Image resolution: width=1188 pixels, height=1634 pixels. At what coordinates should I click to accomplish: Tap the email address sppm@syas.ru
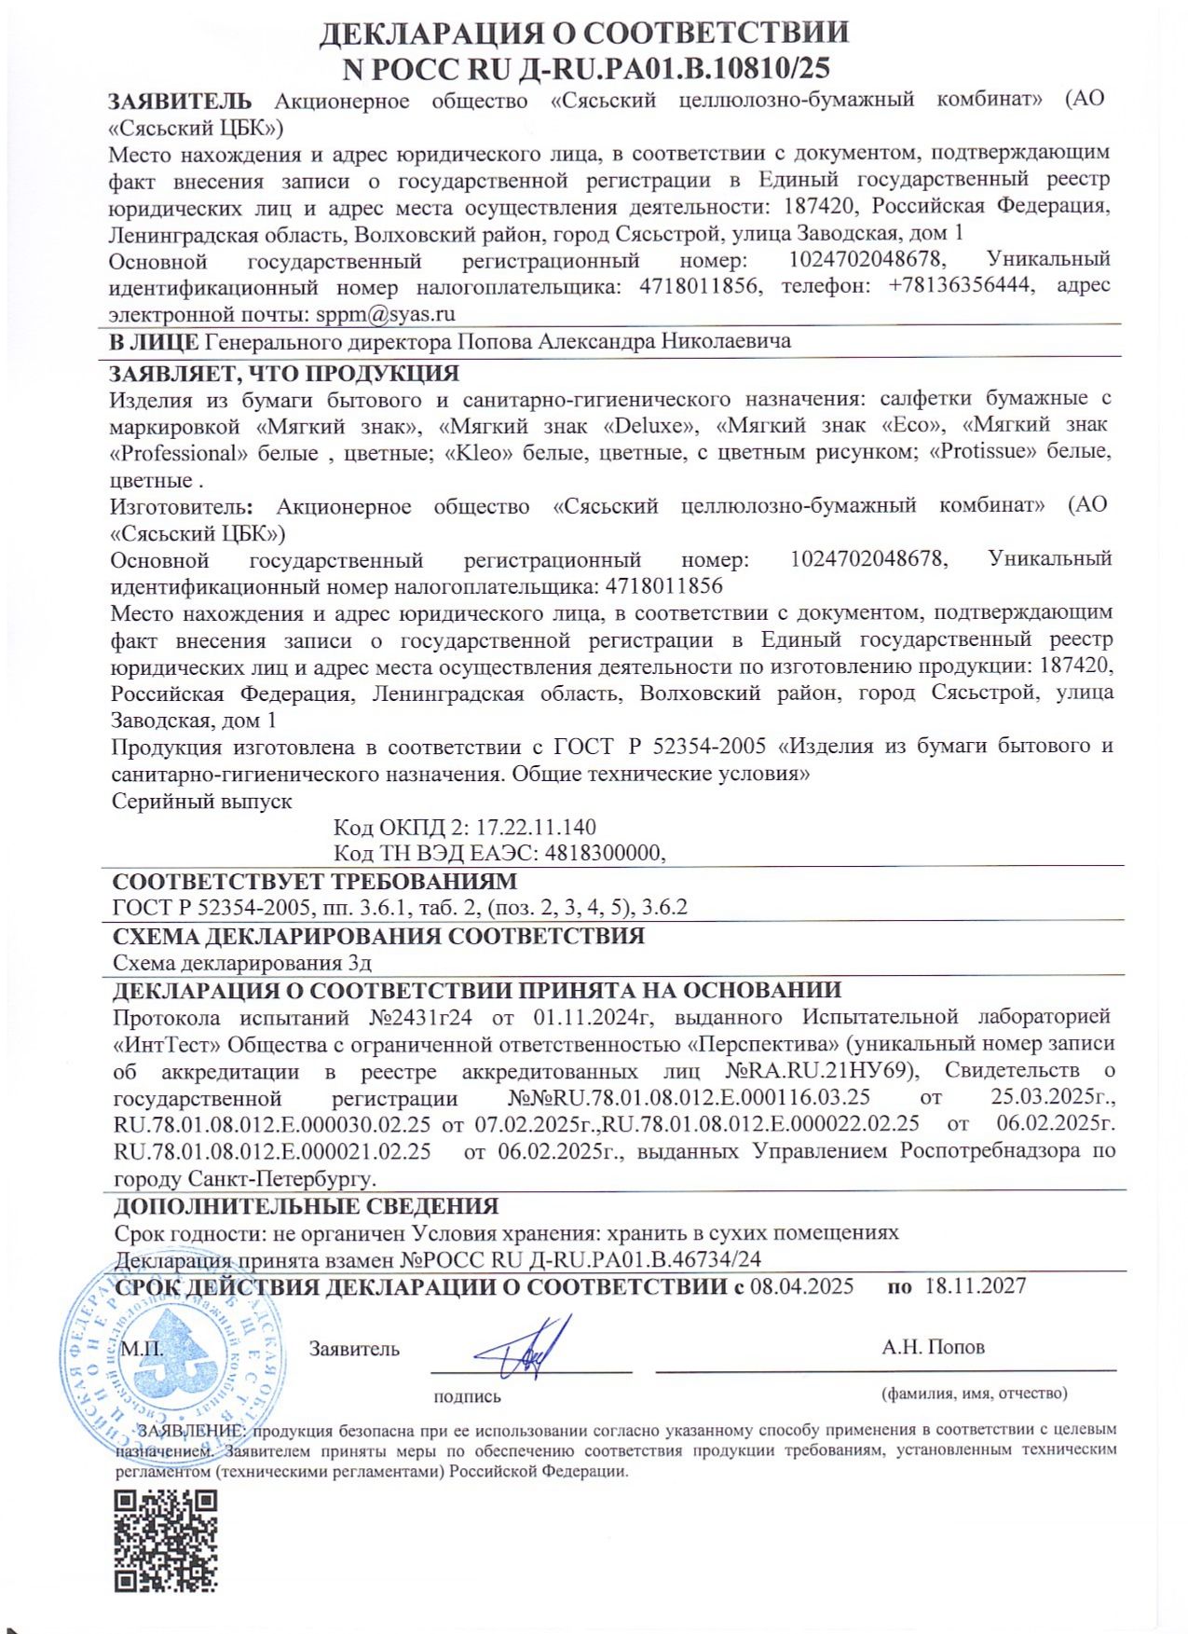pyautogui.click(x=385, y=314)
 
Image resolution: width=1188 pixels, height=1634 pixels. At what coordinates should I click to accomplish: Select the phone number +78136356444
pyautogui.click(x=960, y=285)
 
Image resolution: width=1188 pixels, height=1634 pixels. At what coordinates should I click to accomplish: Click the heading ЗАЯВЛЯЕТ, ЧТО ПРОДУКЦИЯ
pyautogui.click(x=284, y=374)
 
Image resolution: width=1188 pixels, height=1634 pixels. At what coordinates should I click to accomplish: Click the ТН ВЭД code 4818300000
pyautogui.click(x=603, y=853)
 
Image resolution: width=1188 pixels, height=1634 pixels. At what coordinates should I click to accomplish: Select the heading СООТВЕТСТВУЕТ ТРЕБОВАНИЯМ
pyautogui.click(x=314, y=882)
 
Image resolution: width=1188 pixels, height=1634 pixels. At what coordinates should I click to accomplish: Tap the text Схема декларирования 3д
pyautogui.click(x=242, y=963)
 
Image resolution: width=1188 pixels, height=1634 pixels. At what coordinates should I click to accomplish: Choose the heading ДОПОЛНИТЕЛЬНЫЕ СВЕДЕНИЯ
pyautogui.click(x=306, y=1206)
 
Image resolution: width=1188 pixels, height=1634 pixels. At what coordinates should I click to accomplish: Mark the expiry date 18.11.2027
pyautogui.click(x=975, y=1286)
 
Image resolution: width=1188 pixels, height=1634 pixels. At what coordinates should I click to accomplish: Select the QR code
pyautogui.click(x=166, y=1542)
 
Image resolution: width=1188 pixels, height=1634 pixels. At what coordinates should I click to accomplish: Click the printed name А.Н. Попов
pyautogui.click(x=933, y=1347)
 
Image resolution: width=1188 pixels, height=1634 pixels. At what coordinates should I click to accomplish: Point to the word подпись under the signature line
pyautogui.click(x=467, y=1396)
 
